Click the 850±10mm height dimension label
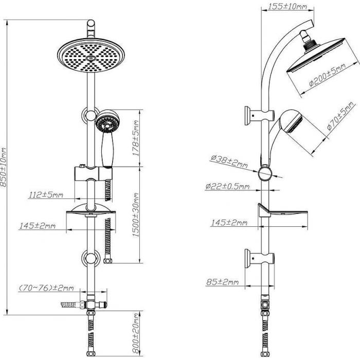coord(4,167)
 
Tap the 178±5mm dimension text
coord(136,138)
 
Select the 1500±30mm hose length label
coord(136,215)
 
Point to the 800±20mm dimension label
coord(136,333)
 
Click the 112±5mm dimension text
coord(46,195)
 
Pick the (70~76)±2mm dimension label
coord(46,287)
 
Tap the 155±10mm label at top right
coord(287,6)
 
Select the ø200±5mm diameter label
coord(327,75)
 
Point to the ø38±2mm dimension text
coord(229,161)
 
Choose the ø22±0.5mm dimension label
coord(227,186)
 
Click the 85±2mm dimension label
coord(223,282)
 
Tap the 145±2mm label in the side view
coord(229,222)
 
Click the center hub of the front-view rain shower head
coord(91,58)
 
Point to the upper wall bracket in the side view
coord(259,115)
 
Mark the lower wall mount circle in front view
coord(91,258)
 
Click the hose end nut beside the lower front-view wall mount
coord(107,261)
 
